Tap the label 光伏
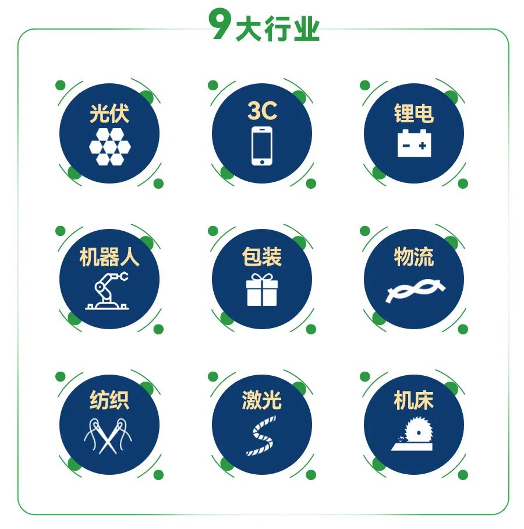[109, 114]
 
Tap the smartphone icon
[262, 146]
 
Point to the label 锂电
[414, 114]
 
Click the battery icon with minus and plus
[414, 143]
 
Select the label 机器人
[109, 257]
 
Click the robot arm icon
[107, 291]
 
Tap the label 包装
[262, 257]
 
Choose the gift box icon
[262, 290]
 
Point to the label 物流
[414, 257]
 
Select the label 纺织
[109, 400]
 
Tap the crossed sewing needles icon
[108, 436]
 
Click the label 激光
[262, 400]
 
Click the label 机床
[414, 400]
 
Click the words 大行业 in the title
[278, 29]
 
